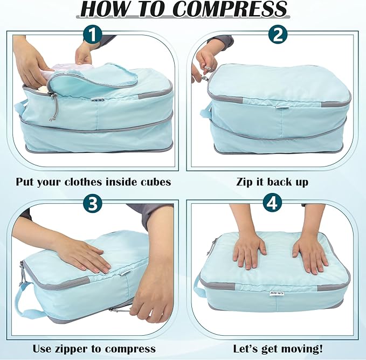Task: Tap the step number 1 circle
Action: (92, 36)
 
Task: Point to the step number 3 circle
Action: (93, 204)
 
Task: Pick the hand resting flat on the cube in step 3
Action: (81, 253)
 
